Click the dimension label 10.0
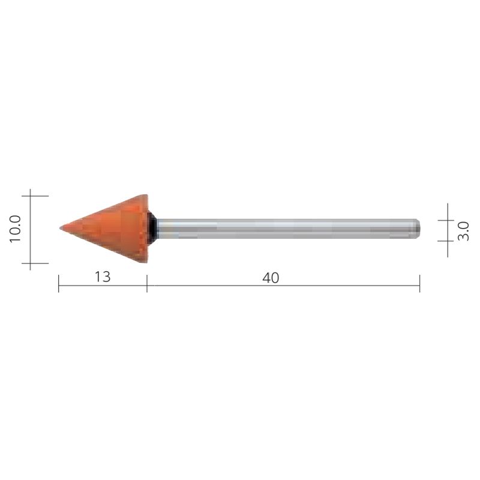click(x=16, y=229)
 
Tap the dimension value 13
click(x=103, y=277)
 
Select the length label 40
click(x=271, y=278)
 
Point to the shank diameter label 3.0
click(x=463, y=230)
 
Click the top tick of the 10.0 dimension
click(x=31, y=196)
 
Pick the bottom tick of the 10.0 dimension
click(x=31, y=263)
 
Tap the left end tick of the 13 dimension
click(x=59, y=283)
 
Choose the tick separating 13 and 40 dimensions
click(x=147, y=283)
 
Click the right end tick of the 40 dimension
click(x=419, y=283)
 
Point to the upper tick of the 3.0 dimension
click(x=448, y=220)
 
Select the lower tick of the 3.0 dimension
click(x=448, y=241)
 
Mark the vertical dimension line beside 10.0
click(x=31, y=240)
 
